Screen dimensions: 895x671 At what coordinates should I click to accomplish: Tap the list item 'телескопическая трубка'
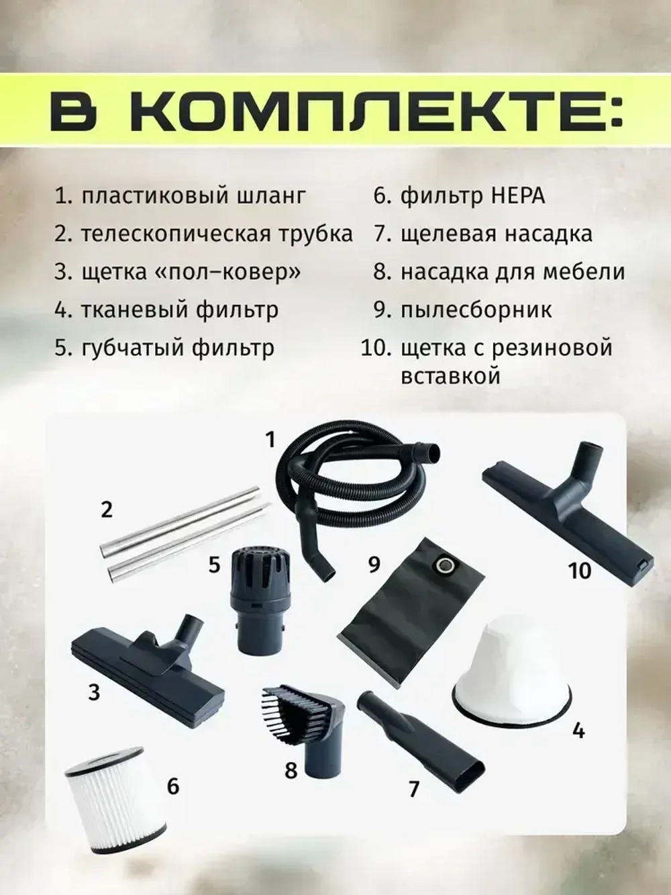[216, 234]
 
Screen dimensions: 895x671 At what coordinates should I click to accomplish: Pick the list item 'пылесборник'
[476, 310]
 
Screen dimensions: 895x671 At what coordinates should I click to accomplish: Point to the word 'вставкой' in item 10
[450, 375]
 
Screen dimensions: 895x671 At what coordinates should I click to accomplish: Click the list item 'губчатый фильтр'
[177, 348]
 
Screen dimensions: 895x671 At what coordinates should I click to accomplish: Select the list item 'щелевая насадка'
[496, 234]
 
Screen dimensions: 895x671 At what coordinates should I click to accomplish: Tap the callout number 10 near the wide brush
[578, 570]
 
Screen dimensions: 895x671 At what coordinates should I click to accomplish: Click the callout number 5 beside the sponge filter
[214, 564]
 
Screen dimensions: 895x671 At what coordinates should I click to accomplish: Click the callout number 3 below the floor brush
[93, 691]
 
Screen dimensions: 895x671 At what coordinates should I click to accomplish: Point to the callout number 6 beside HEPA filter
[172, 786]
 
